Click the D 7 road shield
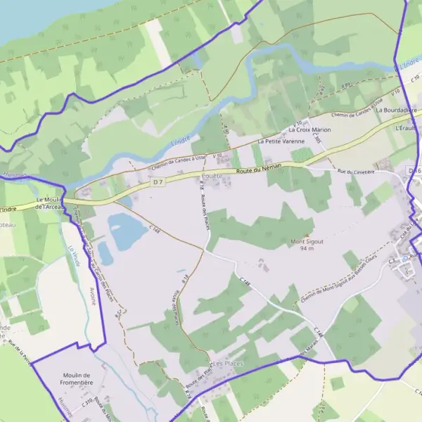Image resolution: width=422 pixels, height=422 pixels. tap(157, 182)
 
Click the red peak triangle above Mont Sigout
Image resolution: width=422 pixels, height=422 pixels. tap(307, 234)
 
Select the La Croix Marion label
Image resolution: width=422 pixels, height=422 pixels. tap(309, 130)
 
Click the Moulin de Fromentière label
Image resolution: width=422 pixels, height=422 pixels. tap(77, 379)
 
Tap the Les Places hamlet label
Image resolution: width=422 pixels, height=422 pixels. tap(227, 363)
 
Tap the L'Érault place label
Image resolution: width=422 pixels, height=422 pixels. tap(406, 129)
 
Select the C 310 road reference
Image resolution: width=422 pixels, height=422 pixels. tap(87, 404)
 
